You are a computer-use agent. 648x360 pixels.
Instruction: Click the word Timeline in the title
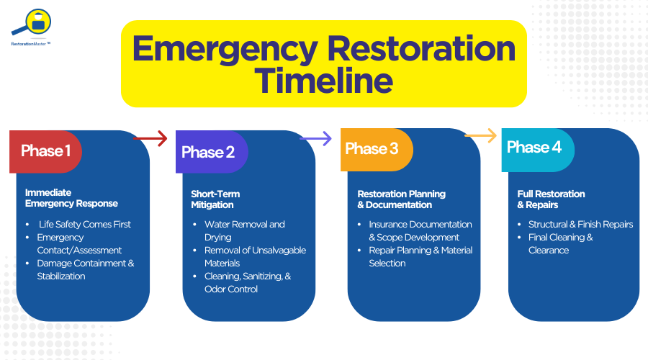[323, 80]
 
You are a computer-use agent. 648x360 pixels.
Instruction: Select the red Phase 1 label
[45, 151]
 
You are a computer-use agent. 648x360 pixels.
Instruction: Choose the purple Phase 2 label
[209, 152]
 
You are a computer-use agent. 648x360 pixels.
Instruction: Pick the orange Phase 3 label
[372, 149]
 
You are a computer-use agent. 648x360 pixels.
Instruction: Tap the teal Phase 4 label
[534, 148]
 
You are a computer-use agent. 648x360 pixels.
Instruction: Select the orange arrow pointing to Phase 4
[480, 135]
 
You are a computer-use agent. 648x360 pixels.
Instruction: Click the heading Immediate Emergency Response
[71, 198]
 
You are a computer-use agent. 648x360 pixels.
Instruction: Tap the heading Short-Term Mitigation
[215, 199]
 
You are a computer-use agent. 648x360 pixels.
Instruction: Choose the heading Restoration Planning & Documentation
[401, 199]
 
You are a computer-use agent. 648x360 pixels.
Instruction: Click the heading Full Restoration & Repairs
[551, 199]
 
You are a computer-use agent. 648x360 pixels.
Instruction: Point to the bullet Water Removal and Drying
[244, 230]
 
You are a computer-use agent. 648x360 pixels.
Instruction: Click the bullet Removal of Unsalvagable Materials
[255, 256]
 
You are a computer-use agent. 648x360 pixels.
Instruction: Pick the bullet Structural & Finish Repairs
[580, 225]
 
